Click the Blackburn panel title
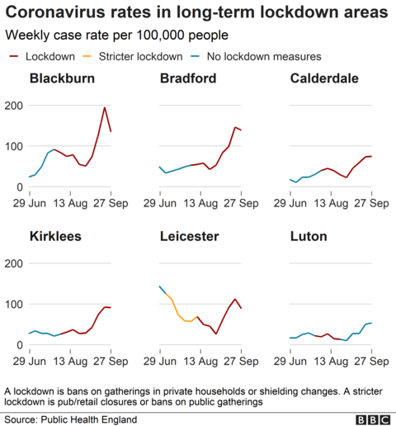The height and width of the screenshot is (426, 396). [x=61, y=79]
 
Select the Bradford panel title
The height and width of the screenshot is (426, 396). [x=190, y=79]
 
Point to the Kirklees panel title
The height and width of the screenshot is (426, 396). [x=56, y=237]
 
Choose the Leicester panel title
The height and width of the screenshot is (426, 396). [x=191, y=237]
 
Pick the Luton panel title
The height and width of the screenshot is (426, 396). [x=309, y=237]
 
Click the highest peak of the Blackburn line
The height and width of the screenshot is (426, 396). [x=104, y=107]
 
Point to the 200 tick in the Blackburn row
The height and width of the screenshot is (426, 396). [x=12, y=106]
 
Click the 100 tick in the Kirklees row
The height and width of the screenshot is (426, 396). [x=12, y=305]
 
